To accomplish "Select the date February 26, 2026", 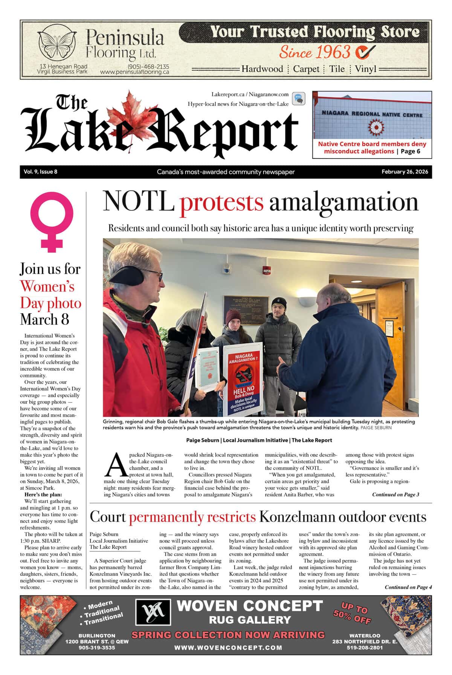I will click(x=405, y=172).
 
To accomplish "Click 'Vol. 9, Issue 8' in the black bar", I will click(x=40, y=172).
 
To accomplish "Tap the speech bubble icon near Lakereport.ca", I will click(x=298, y=99).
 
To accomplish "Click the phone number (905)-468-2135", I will click(x=148, y=66).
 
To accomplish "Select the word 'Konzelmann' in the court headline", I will click(x=296, y=517).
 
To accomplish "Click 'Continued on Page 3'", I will click(x=395, y=495).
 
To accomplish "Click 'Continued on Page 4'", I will click(x=408, y=587).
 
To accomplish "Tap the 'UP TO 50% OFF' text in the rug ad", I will click(x=353, y=613).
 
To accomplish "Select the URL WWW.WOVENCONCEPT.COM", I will click(x=228, y=648).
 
